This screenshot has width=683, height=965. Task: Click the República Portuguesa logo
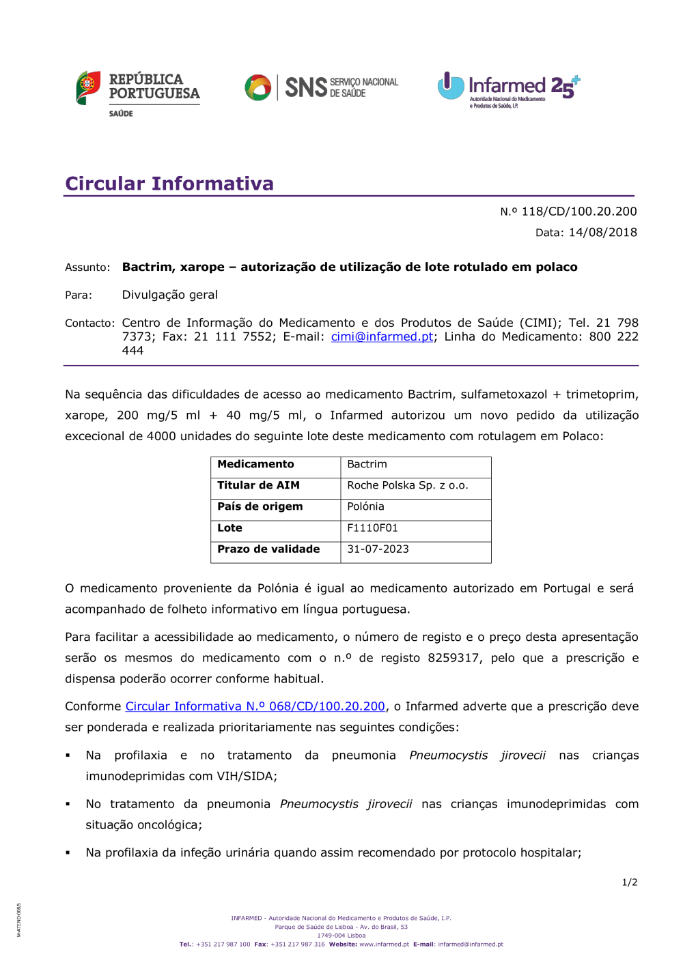point(138,92)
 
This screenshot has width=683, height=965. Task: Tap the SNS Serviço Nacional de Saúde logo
point(321,87)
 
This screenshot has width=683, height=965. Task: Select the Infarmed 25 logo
point(508,89)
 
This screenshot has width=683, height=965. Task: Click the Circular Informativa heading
point(169,184)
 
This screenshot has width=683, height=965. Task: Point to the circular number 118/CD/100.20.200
point(579,212)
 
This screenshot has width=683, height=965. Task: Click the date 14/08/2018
point(602,232)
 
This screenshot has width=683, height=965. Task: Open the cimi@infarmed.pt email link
point(382,336)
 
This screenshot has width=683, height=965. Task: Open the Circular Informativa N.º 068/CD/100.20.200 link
point(255,706)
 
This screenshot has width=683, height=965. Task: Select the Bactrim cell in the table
point(367,464)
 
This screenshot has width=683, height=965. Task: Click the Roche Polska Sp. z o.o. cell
point(407,485)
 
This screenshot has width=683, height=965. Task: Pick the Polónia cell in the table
point(365,506)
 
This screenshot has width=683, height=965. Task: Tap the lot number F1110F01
point(372,528)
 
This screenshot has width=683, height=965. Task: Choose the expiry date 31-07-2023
point(378,549)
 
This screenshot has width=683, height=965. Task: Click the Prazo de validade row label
point(268,549)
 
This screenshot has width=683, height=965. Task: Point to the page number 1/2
point(629,882)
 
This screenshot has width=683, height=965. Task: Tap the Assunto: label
point(87,268)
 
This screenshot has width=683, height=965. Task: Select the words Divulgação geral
point(169,295)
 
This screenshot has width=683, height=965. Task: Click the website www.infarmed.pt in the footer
point(384,945)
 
